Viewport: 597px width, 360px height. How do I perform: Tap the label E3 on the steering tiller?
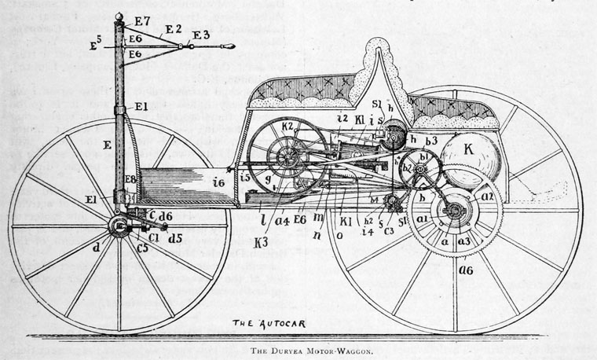(x=201, y=35)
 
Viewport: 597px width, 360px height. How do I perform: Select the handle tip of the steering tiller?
(x=229, y=46)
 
